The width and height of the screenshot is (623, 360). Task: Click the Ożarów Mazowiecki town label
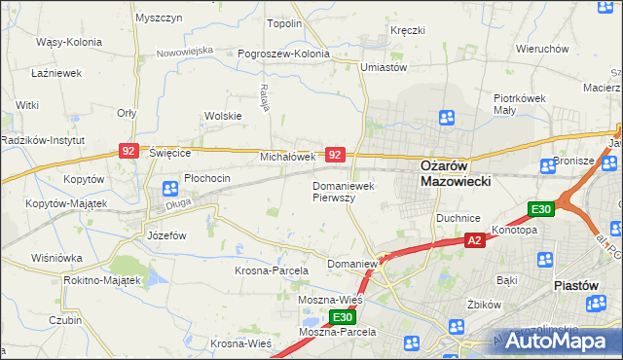click(456, 173)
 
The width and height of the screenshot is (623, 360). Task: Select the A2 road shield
click(474, 240)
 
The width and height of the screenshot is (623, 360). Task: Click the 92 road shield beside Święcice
click(129, 151)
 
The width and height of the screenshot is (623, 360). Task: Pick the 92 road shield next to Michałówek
click(335, 155)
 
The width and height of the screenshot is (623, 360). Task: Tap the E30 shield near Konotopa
click(541, 209)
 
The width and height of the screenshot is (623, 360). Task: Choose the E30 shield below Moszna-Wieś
click(342, 318)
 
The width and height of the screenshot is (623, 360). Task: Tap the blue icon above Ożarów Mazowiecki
click(447, 119)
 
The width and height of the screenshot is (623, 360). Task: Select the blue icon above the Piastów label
click(544, 261)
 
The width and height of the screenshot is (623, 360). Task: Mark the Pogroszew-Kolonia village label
click(284, 54)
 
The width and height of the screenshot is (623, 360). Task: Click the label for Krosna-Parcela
click(271, 270)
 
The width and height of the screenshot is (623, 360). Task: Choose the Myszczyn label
click(160, 18)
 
